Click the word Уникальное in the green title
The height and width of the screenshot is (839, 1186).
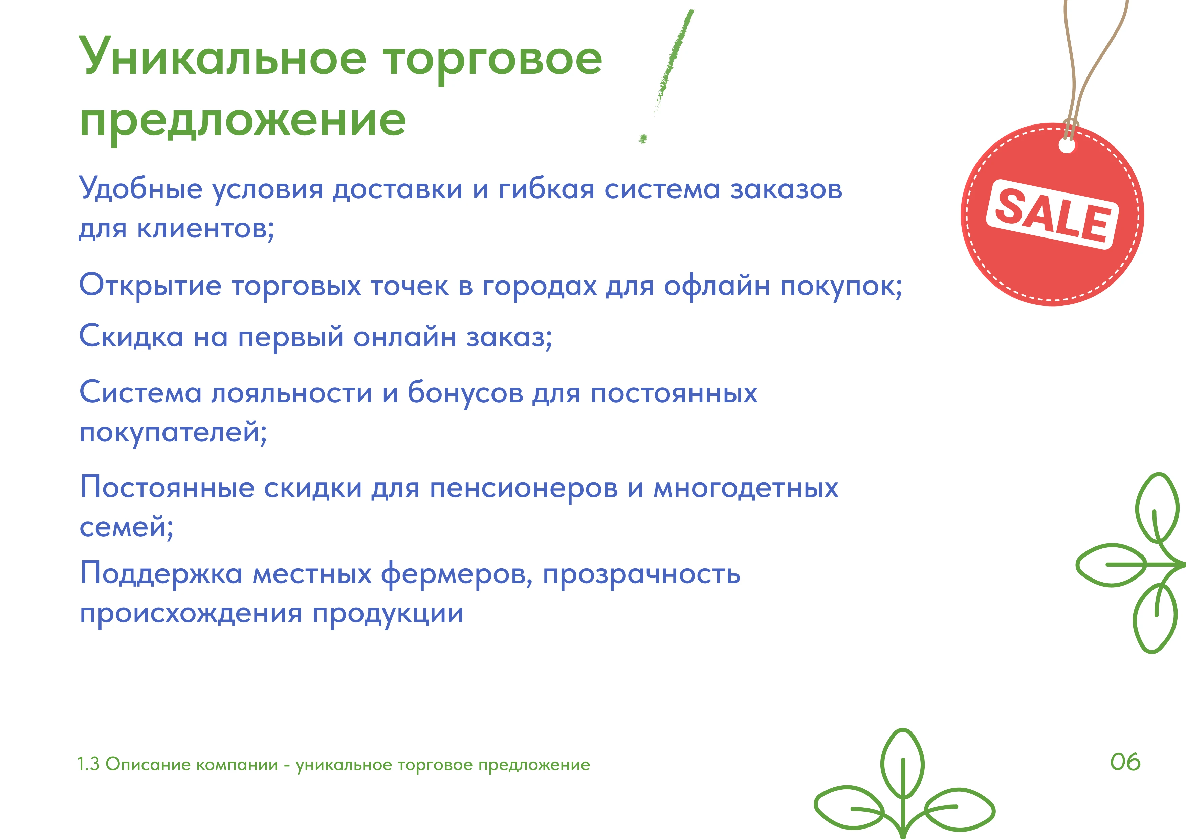pos(223,57)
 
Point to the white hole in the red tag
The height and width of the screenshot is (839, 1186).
pos(1067,146)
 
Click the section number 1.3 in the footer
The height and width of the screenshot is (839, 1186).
pos(88,764)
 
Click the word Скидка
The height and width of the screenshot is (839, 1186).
pos(131,337)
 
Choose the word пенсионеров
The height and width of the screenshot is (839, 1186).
pos(524,488)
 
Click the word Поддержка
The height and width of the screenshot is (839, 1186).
pos(161,574)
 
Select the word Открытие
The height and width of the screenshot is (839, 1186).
pos(150,286)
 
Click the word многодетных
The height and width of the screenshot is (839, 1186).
pos(746,488)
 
